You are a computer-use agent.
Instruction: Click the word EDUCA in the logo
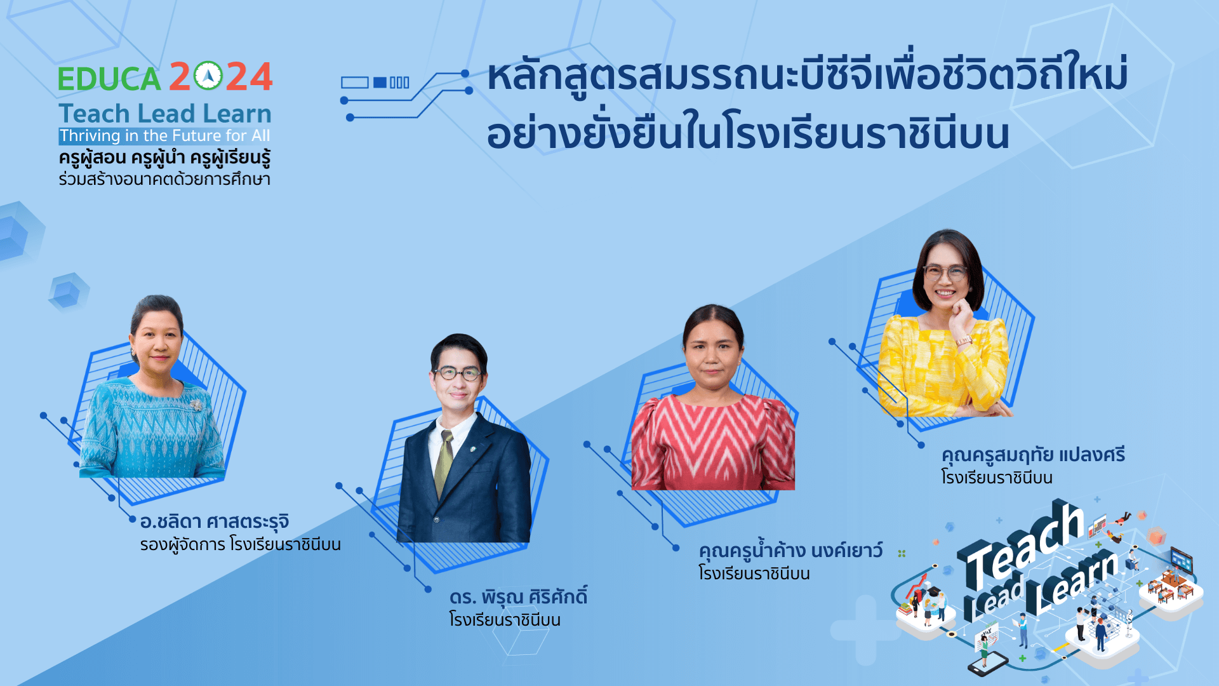(109, 79)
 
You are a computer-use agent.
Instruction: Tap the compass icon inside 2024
(208, 76)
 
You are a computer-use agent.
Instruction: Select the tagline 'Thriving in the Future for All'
(165, 136)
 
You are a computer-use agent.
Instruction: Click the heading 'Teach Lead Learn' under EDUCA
(165, 114)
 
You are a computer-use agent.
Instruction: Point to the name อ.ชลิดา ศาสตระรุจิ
(215, 521)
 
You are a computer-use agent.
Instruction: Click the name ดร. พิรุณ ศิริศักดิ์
(518, 597)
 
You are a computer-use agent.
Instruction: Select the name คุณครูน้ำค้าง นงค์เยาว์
(790, 550)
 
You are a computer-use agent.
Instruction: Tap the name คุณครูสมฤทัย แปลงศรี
(1033, 455)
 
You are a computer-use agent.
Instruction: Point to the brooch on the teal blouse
(196, 405)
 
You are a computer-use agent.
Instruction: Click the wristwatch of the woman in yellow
(964, 340)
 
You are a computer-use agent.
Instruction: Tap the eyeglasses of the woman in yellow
(945, 273)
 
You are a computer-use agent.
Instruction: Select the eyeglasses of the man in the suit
(458, 373)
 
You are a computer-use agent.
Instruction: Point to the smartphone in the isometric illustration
(988, 664)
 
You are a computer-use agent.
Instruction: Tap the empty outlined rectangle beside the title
(355, 83)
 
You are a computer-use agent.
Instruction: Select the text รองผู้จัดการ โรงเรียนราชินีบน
(241, 544)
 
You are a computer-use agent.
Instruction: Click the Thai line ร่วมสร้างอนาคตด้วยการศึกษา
(164, 179)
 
